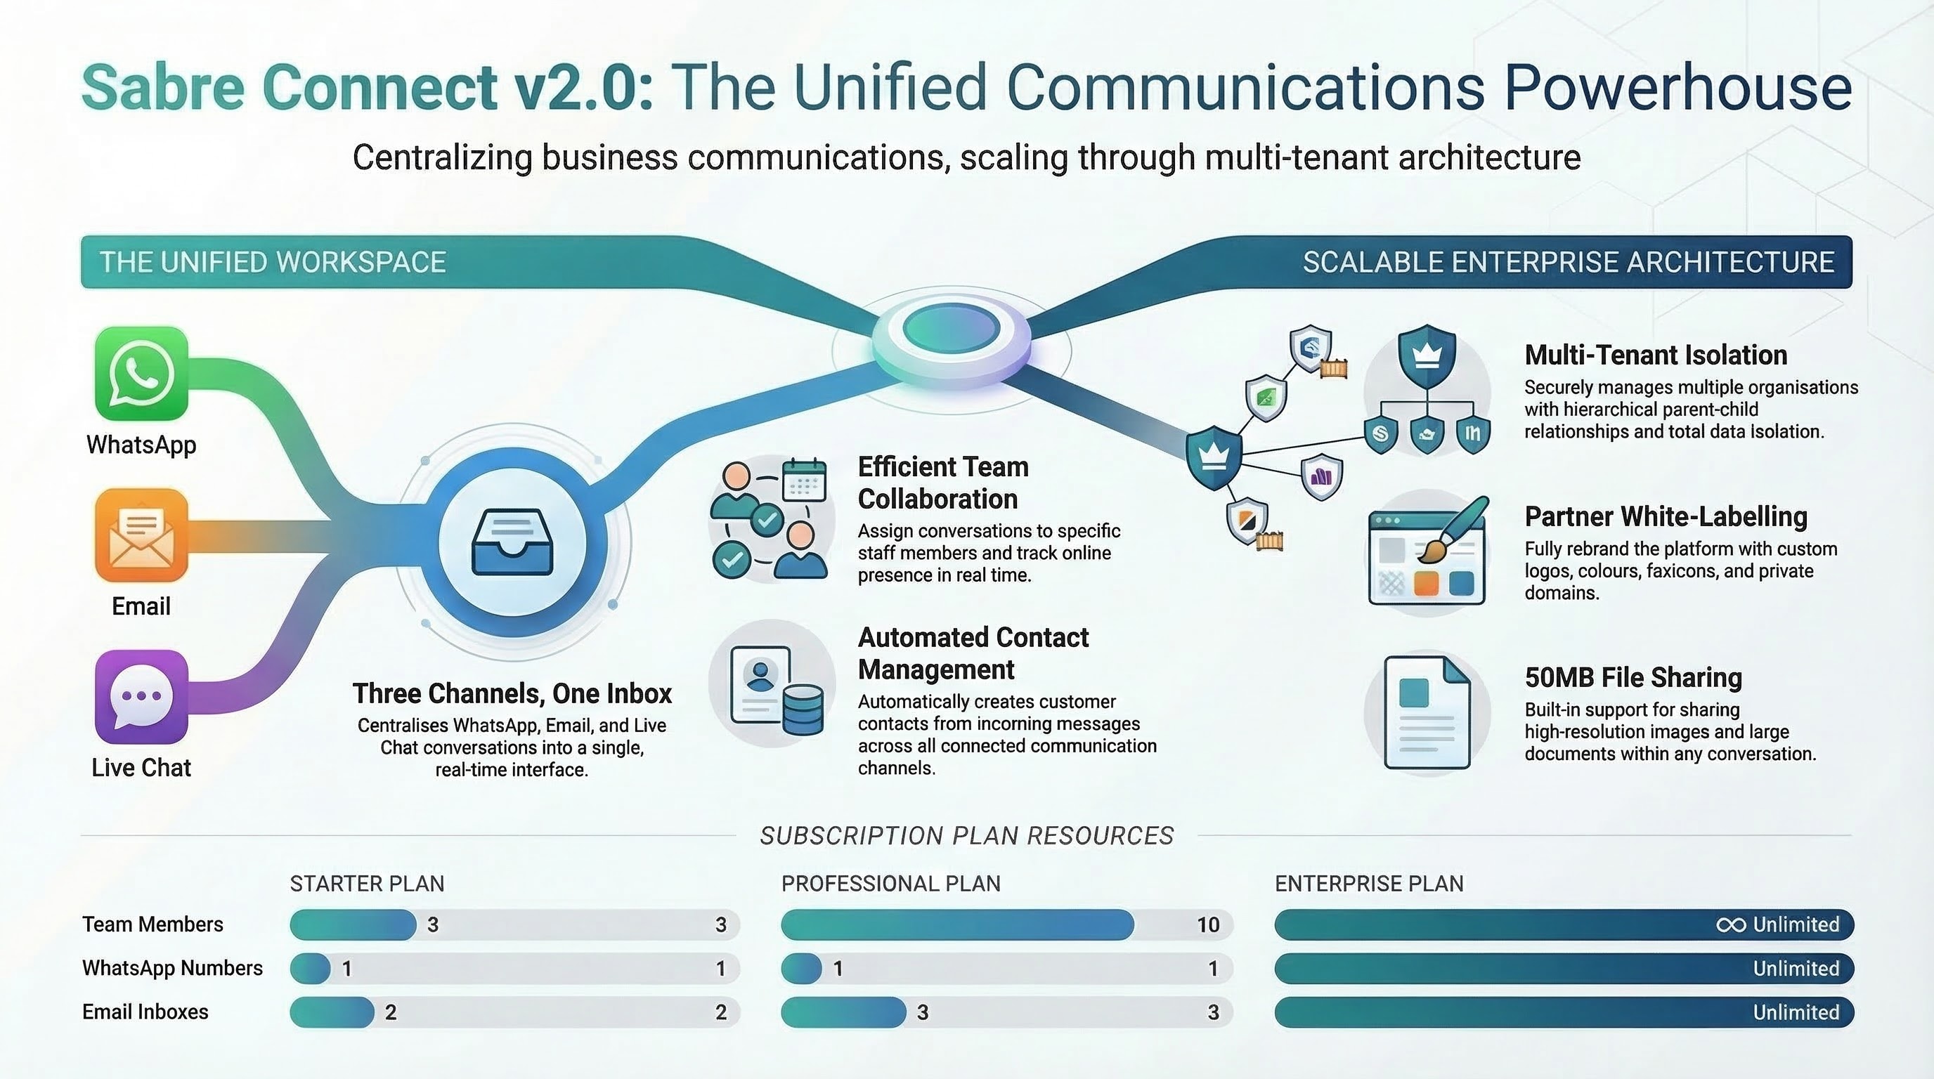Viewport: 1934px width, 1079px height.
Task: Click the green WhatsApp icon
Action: coord(141,373)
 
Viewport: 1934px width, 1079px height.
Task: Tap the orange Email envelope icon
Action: coord(141,535)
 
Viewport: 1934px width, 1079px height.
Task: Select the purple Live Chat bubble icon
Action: coord(141,696)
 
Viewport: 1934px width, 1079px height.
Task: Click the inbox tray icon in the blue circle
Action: coord(512,542)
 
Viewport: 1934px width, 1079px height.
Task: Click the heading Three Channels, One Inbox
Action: coord(512,693)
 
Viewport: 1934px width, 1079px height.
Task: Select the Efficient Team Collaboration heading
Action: coord(943,483)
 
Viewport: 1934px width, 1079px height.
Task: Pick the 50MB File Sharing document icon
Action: coord(1427,712)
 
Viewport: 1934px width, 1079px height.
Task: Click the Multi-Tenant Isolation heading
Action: coord(1656,355)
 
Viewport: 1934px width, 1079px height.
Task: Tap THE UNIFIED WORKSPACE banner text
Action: coord(273,262)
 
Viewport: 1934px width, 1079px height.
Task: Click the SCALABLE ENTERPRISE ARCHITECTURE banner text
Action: coord(1569,262)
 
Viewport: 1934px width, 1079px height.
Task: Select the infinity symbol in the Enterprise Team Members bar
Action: coord(1730,924)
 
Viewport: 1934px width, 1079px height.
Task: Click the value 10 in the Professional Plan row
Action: coord(1207,924)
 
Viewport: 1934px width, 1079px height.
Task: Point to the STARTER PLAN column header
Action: coord(367,883)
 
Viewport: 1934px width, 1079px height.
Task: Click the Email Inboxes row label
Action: coord(145,1012)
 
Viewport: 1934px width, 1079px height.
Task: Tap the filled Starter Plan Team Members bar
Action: coord(353,924)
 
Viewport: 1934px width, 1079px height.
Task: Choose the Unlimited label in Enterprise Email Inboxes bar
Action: coord(1795,1012)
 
